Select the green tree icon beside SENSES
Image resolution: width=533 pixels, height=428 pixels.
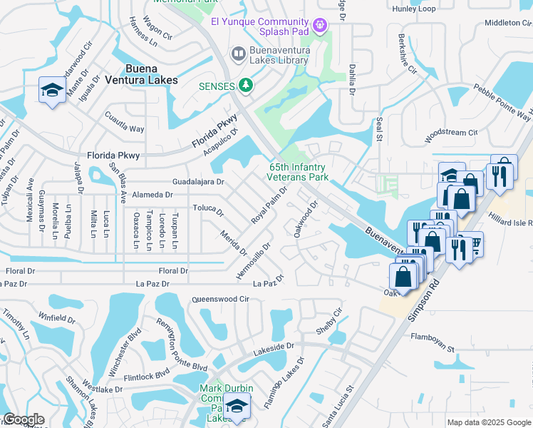coord(246,86)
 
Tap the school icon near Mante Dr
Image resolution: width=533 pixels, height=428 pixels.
coord(52,90)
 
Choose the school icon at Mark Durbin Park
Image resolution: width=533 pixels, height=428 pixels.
coord(234,408)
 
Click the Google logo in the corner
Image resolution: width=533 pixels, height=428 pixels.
coord(24,419)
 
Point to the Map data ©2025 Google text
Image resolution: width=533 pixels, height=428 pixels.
coord(489,422)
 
